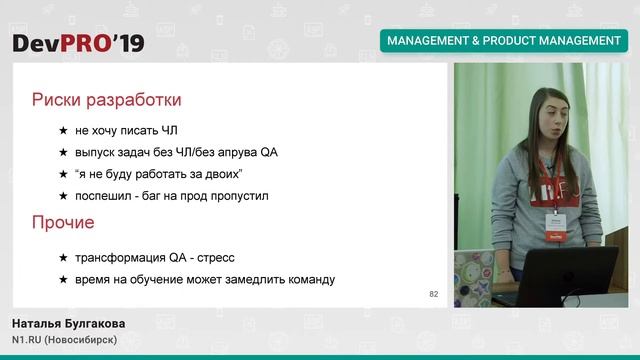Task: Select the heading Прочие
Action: tap(63, 222)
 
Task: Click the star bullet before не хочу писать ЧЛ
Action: tap(63, 131)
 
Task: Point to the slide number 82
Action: tap(433, 294)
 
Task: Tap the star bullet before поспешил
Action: tap(63, 197)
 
